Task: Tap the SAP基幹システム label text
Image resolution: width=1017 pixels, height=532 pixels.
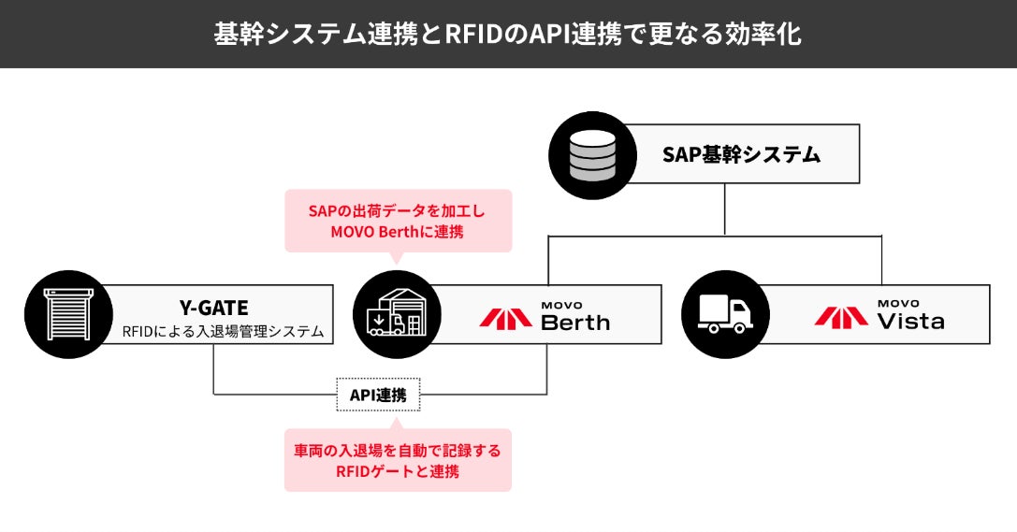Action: [741, 155]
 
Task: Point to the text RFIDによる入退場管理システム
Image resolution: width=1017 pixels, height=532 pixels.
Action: [222, 331]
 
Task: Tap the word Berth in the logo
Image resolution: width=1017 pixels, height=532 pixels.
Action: [575, 323]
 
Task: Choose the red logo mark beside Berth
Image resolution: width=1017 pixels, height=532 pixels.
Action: [506, 316]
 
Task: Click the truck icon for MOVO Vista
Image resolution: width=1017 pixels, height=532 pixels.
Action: [724, 315]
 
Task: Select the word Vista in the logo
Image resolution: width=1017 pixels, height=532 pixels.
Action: [910, 322]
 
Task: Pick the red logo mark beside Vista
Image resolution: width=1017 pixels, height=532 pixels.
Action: [841, 316]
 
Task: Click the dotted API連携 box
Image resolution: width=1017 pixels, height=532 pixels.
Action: [378, 395]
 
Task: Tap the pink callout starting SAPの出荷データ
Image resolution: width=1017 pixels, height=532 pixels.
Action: [398, 221]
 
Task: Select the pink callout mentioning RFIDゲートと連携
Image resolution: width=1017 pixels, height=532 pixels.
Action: [398, 460]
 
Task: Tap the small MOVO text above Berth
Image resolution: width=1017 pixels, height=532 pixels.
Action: [561, 305]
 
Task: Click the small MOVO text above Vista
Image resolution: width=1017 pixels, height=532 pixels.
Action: [897, 304]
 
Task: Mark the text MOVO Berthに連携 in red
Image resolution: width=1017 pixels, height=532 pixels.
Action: [398, 232]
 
